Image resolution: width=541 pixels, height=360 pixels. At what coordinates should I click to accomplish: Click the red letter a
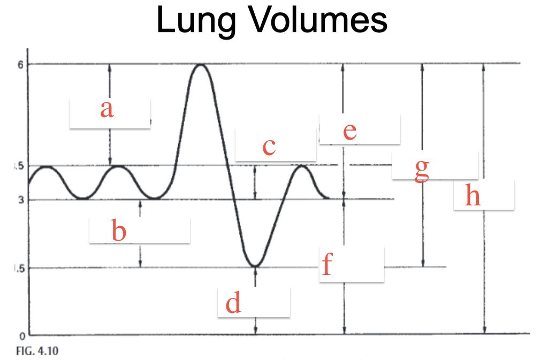click(107, 109)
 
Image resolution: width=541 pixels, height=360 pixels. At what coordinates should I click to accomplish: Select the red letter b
click(119, 231)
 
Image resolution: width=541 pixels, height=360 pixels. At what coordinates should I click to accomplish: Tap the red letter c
click(269, 147)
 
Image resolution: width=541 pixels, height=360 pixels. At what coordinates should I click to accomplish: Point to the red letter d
click(233, 302)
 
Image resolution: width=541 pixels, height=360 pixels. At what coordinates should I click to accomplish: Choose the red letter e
click(350, 132)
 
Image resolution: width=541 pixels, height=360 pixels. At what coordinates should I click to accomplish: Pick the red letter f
click(327, 264)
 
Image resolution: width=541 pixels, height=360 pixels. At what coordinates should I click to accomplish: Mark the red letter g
click(422, 170)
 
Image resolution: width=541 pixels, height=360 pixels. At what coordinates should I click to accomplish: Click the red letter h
click(473, 195)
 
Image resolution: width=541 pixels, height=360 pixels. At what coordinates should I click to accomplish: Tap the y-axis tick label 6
click(21, 65)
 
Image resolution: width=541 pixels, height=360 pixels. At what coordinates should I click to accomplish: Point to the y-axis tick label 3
click(21, 200)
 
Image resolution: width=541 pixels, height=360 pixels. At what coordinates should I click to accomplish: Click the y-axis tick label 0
click(22, 336)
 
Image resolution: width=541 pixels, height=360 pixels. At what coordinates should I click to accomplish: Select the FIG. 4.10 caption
click(37, 351)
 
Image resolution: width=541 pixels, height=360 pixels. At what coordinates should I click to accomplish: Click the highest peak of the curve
click(201, 65)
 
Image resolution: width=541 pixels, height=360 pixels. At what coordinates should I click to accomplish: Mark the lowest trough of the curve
click(255, 266)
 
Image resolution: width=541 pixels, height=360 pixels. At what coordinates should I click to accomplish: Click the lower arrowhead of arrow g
click(423, 264)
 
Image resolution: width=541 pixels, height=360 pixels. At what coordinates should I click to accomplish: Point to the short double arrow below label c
click(255, 182)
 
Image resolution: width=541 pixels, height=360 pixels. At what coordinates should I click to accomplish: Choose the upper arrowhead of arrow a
click(110, 67)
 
